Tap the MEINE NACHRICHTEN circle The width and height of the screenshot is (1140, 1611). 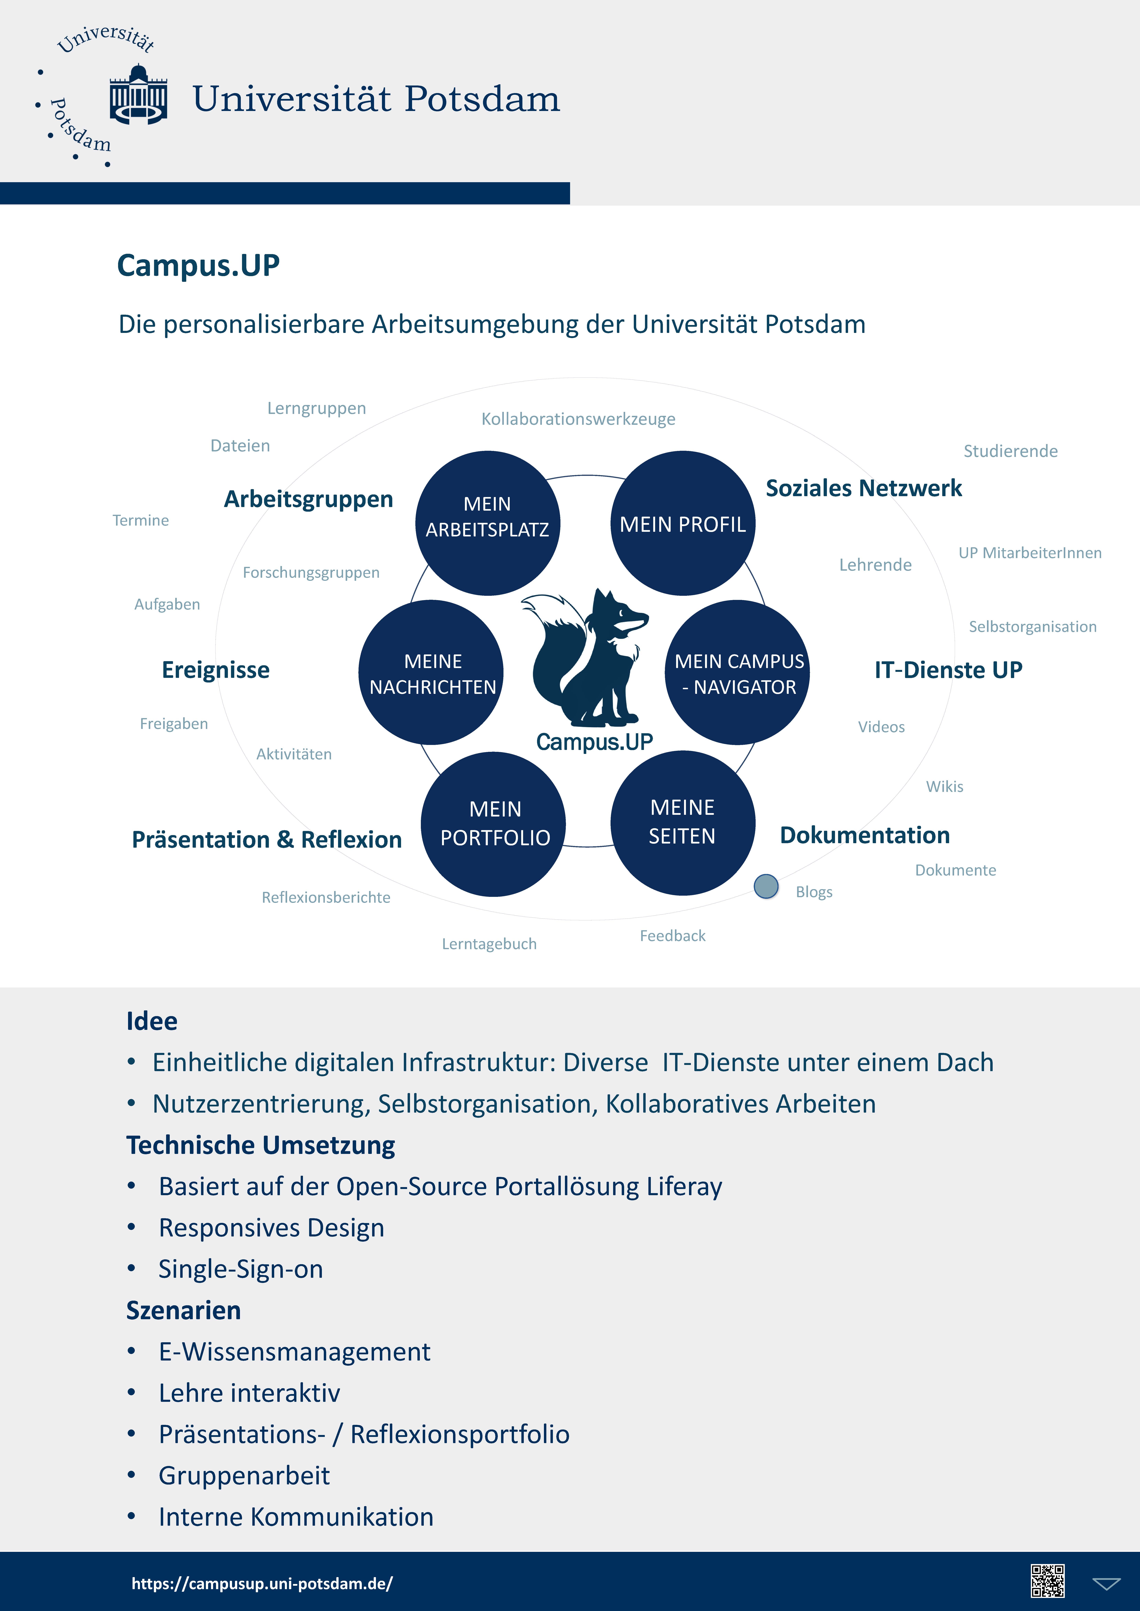[x=431, y=672]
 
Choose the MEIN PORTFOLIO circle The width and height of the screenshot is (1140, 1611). [x=493, y=824]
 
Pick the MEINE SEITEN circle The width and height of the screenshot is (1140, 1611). [x=682, y=822]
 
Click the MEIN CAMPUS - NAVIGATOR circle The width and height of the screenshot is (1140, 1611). [x=737, y=672]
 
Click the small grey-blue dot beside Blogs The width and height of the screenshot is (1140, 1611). [x=766, y=886]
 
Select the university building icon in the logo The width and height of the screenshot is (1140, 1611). [x=138, y=95]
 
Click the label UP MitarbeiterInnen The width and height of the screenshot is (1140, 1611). [x=1030, y=553]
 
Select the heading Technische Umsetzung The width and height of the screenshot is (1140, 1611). [x=260, y=1145]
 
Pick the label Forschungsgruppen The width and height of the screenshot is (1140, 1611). [x=311, y=573]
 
